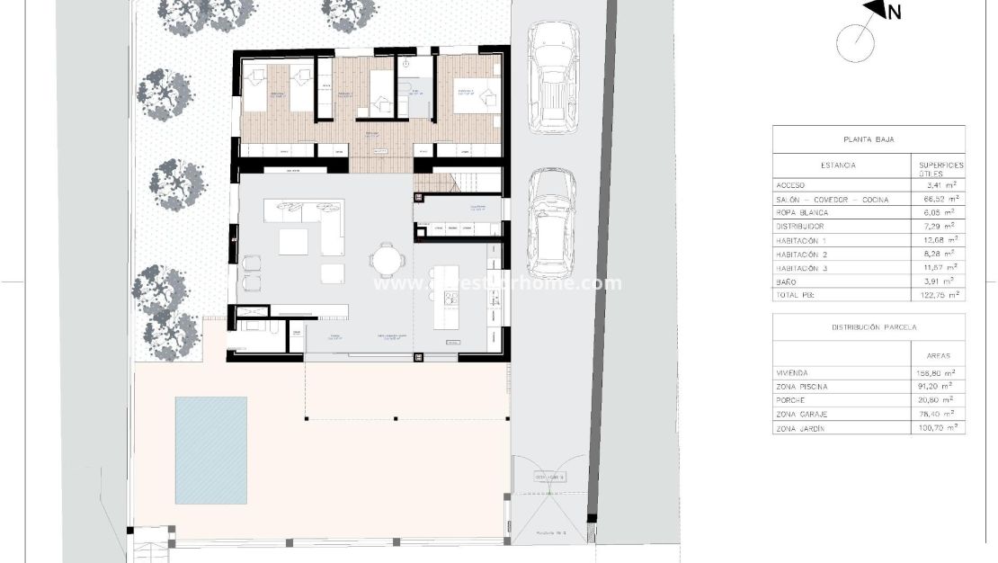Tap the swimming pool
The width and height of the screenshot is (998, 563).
tap(211, 450)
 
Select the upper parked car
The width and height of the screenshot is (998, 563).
tap(553, 78)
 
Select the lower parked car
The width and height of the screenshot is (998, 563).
tap(551, 223)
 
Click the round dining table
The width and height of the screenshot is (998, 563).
tap(387, 261)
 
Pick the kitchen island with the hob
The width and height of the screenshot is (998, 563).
tap(447, 297)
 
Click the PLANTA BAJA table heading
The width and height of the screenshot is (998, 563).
tap(868, 139)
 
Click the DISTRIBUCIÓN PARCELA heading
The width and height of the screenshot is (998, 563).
tap(869, 327)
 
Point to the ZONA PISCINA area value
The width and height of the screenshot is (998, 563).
tap(938, 387)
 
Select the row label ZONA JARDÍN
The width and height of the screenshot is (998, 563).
tap(805, 429)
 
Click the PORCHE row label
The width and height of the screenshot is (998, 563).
tap(790, 400)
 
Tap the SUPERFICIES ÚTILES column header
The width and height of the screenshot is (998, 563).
tap(940, 169)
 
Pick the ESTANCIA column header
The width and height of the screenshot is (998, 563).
tap(838, 165)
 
